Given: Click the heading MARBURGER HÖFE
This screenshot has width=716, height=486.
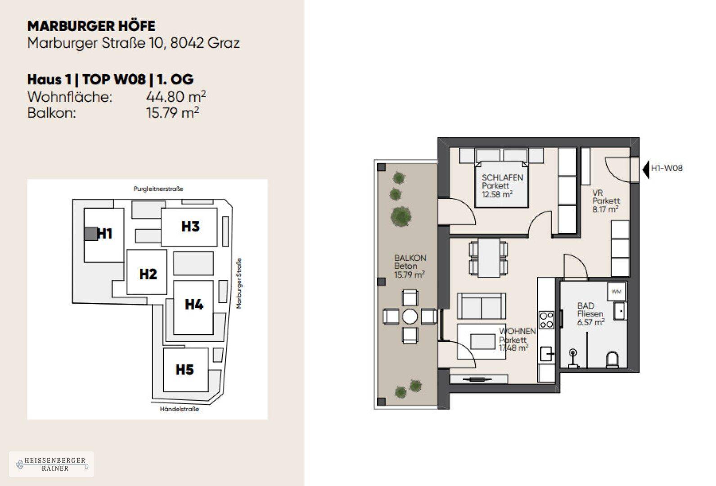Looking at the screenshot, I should tap(91, 26).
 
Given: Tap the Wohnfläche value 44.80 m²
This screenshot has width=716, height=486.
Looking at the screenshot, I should tap(176, 96).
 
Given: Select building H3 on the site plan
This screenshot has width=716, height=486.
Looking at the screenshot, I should tap(190, 226).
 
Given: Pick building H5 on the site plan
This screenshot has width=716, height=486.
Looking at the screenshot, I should tap(185, 369).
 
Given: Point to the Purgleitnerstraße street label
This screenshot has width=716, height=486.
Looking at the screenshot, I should tap(158, 189).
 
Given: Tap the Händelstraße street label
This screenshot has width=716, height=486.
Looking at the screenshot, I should tap(179, 409).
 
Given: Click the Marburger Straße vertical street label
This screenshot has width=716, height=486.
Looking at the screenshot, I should tap(239, 283).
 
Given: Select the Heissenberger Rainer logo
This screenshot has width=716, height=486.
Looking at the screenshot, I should tap(51, 464).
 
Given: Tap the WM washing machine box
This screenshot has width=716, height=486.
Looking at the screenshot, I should tap(616, 292).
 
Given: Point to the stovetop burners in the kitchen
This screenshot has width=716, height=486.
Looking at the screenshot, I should tap(546, 320).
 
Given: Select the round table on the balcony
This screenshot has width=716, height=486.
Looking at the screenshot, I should tap(410, 317).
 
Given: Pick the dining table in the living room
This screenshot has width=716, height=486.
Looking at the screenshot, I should tap(489, 259).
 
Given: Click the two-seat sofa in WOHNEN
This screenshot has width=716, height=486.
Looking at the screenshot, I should tap(482, 306).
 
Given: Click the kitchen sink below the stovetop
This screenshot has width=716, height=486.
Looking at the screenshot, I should tap(547, 354).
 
